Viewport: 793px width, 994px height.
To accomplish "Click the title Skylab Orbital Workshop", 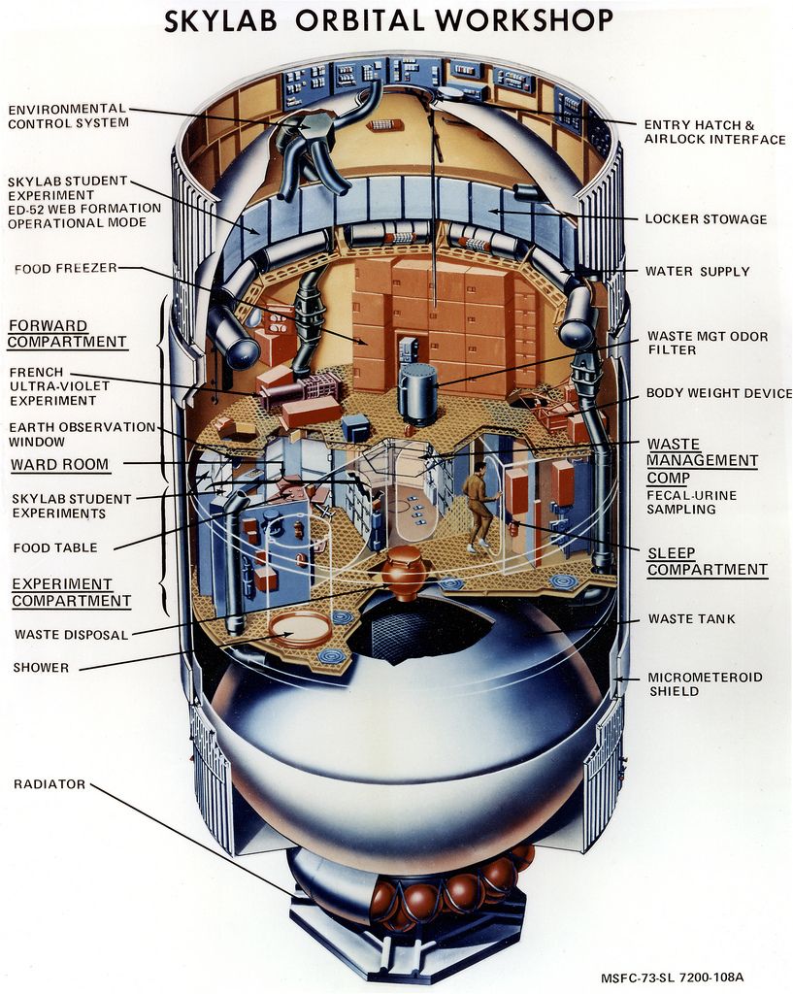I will [388, 20].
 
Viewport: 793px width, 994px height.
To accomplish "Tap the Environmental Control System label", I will [67, 116].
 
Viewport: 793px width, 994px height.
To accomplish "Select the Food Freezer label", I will [65, 268].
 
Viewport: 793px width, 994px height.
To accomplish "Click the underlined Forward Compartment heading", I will [67, 334].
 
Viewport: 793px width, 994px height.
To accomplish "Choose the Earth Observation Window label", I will [82, 434].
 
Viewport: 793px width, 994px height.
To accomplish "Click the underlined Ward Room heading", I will [59, 464].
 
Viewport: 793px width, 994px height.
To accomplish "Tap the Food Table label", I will [55, 547].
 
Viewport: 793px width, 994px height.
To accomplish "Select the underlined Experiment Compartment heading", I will [71, 592].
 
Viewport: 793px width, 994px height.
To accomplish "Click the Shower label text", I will [41, 667].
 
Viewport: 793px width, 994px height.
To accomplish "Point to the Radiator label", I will [50, 783].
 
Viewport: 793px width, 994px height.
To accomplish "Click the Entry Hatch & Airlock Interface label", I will [714, 132].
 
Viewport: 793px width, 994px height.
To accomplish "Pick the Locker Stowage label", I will [706, 219].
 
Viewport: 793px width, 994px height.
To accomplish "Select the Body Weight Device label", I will [718, 394].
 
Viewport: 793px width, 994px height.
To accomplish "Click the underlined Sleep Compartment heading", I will [707, 561].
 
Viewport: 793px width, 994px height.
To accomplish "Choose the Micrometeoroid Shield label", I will [705, 683].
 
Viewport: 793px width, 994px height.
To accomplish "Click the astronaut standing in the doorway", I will [477, 506].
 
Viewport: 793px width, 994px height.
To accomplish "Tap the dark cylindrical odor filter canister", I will [418, 393].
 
